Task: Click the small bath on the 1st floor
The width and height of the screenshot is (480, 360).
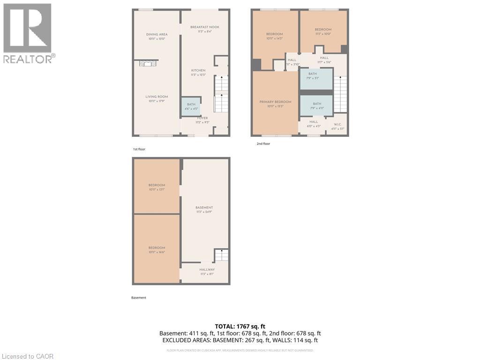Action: pos(191,106)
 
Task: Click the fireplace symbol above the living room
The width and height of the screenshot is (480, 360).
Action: pos(148,64)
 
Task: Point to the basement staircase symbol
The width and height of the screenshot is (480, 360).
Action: pos(221,255)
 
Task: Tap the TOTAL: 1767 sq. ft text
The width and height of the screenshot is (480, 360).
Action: pos(240,326)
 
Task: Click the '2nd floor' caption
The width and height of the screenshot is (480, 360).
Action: pos(263,144)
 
